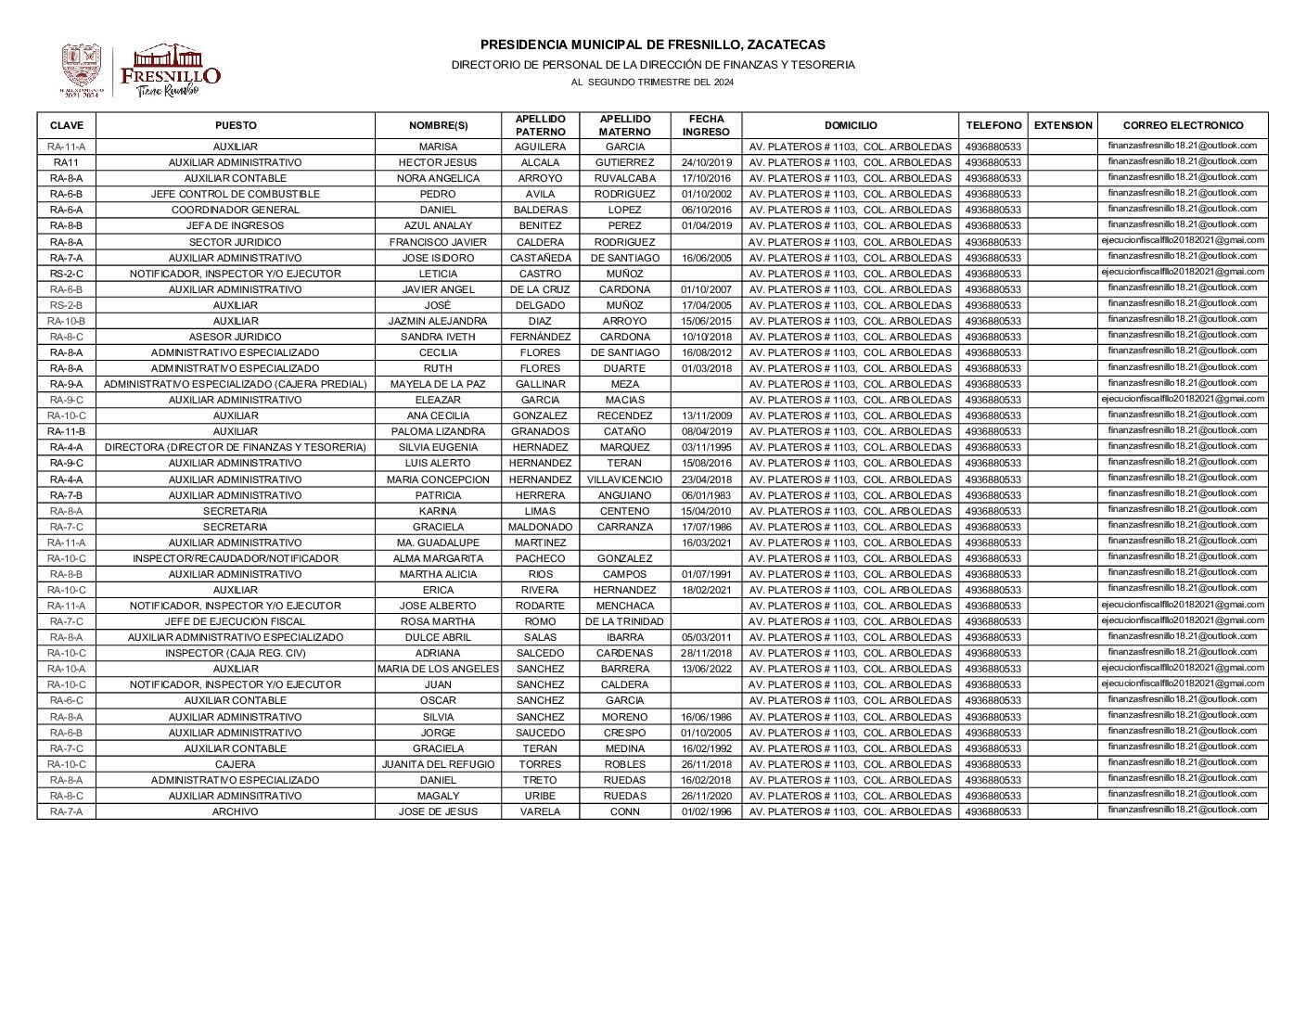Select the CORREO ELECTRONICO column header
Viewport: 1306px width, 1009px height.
1182,125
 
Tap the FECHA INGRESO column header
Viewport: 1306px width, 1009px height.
706,125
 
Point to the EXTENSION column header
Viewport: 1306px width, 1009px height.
1062,125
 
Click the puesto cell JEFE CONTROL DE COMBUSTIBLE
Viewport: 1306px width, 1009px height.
235,194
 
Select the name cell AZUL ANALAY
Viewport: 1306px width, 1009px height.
438,225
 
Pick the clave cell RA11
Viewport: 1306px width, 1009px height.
66,162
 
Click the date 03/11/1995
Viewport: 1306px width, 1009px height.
706,447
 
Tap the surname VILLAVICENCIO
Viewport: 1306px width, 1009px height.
624,479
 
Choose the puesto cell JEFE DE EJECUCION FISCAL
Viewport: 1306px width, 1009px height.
235,621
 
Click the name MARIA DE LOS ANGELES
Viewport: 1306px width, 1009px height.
438,669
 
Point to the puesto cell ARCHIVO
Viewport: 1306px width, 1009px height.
235,811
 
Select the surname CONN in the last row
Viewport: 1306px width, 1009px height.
624,811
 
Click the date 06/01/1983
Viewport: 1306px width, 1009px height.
706,495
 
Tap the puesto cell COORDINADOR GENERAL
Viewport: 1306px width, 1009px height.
235,210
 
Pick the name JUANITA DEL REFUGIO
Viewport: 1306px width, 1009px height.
438,764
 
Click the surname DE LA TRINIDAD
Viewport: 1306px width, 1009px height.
624,621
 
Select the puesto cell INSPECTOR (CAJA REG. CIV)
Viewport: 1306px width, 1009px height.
235,653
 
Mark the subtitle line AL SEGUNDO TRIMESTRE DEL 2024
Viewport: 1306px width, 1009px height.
652,83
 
